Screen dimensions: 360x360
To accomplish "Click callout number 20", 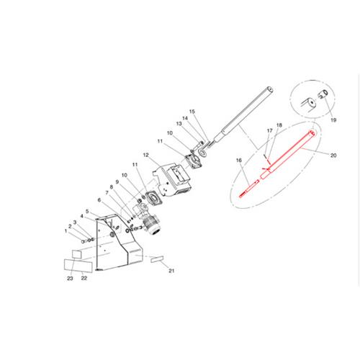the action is click(333, 156).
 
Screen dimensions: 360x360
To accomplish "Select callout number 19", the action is click(333, 120).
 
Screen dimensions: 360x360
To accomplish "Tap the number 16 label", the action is click(239, 161).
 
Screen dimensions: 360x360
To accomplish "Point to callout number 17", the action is click(270, 130).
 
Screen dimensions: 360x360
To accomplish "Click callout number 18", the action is click(279, 125).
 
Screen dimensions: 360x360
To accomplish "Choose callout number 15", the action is click(192, 112).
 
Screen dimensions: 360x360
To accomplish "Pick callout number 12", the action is click(146, 155).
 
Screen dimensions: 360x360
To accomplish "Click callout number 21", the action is click(171, 271).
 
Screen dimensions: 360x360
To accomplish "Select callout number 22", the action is click(84, 278).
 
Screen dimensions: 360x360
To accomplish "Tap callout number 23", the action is click(70, 279).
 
